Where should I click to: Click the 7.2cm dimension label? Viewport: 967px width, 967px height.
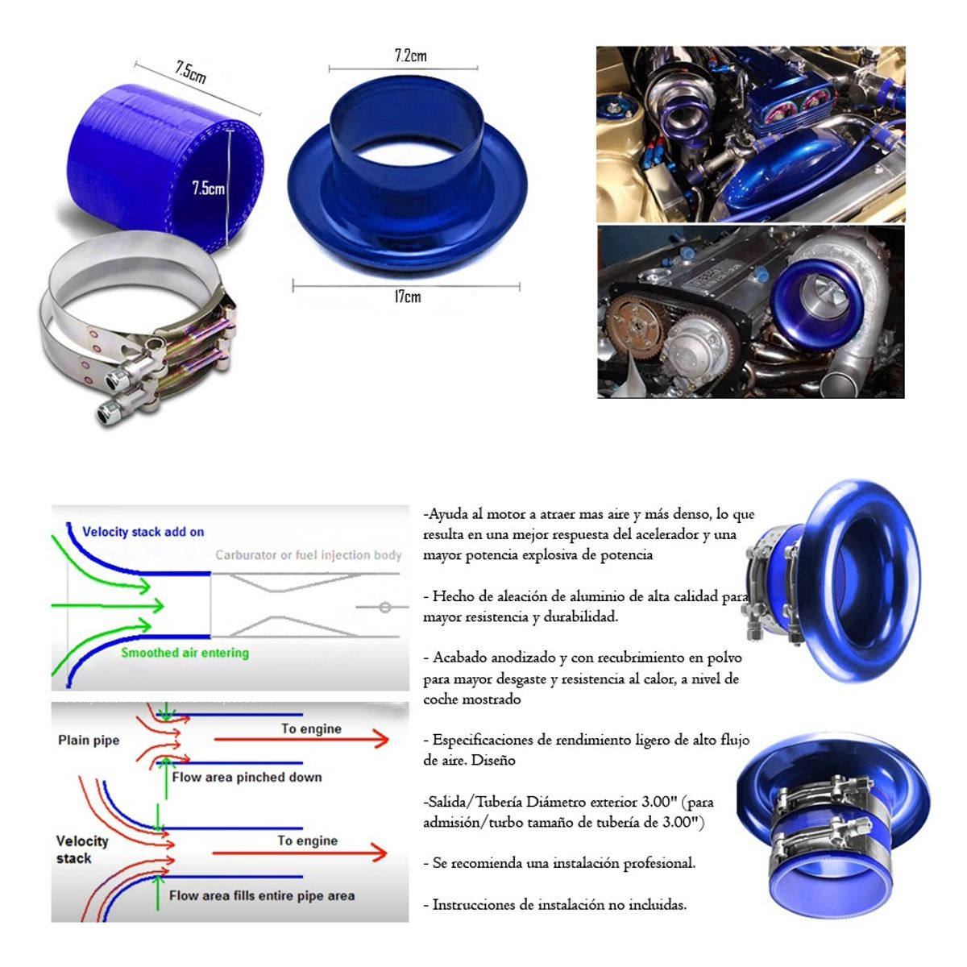click(410, 56)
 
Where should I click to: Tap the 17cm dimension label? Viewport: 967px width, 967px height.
click(407, 297)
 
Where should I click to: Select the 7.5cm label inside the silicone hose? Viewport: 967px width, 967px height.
click(208, 189)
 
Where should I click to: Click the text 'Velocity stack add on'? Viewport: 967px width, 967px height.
click(143, 532)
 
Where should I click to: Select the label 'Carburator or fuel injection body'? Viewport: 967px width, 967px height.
click(309, 555)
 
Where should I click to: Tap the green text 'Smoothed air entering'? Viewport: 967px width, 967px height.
click(185, 653)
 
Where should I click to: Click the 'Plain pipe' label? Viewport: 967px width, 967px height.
click(89, 741)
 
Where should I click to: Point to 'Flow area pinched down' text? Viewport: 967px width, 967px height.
click(247, 778)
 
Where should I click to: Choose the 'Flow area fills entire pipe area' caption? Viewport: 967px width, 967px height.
click(261, 896)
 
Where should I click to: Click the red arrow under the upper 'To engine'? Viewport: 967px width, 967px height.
click(301, 739)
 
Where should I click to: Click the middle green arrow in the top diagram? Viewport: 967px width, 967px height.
click(107, 606)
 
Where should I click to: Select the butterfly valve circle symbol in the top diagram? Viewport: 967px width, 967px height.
click(385, 608)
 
